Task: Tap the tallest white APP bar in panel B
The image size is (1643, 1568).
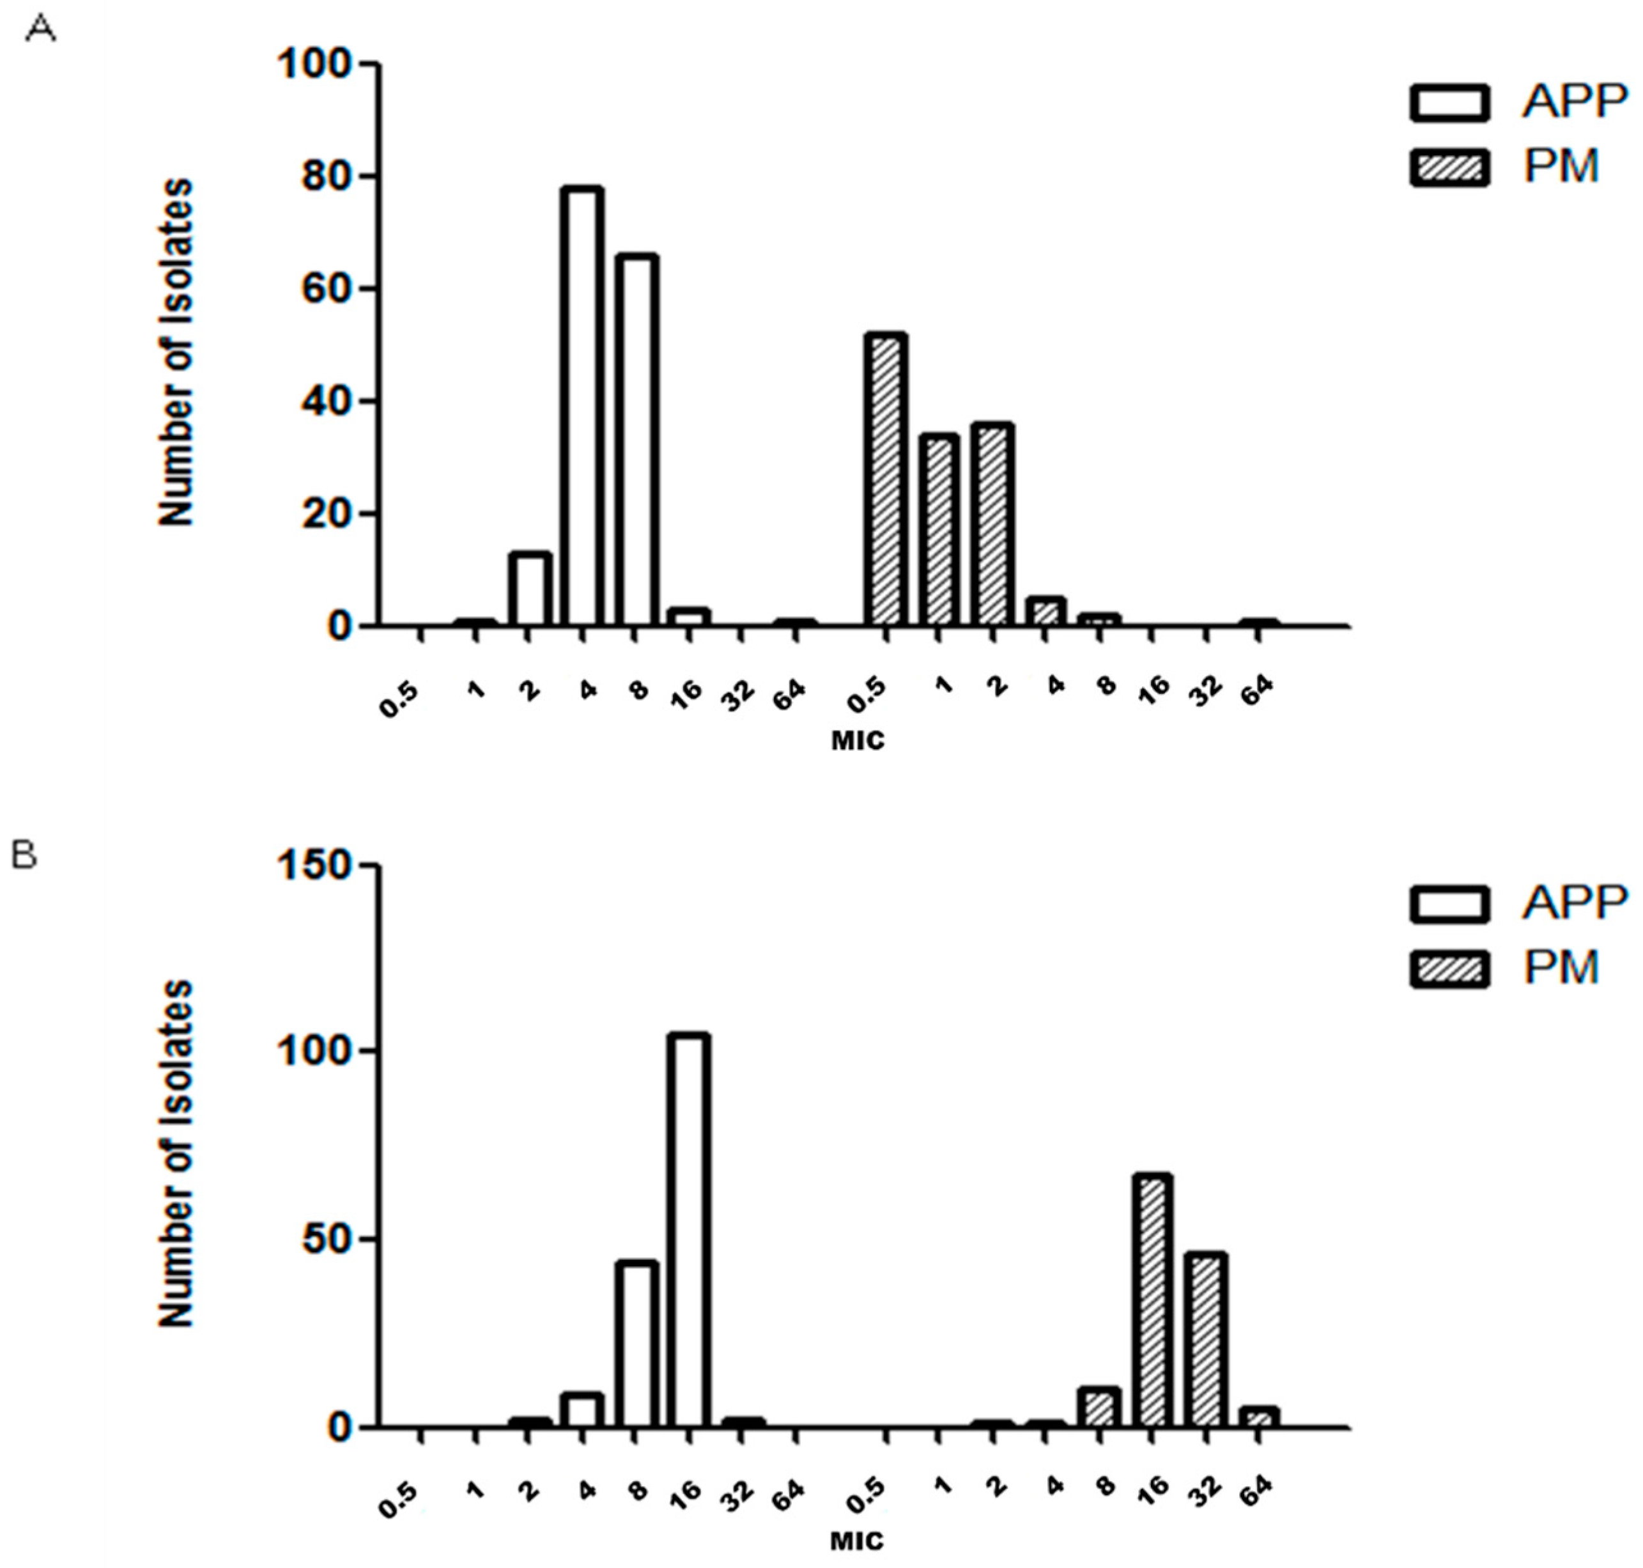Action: pos(689,1231)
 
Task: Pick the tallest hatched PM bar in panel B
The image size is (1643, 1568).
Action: pos(1152,1301)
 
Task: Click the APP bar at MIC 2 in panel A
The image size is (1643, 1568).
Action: pos(530,589)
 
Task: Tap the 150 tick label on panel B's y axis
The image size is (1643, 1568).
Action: pos(315,866)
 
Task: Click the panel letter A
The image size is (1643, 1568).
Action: pos(41,31)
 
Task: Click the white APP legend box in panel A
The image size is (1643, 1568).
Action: pos(1449,104)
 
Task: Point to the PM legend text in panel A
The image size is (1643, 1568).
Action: pos(1561,166)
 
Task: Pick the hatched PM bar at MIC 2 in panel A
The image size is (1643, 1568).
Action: pos(993,525)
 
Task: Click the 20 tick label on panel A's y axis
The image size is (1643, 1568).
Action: pos(327,514)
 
